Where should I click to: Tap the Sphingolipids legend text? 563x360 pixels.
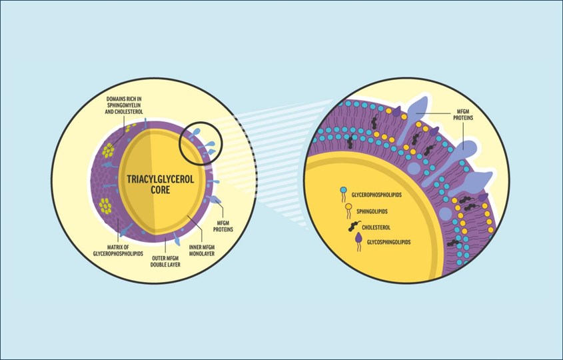[370, 212]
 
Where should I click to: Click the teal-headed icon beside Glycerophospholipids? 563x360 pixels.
[344, 195]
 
